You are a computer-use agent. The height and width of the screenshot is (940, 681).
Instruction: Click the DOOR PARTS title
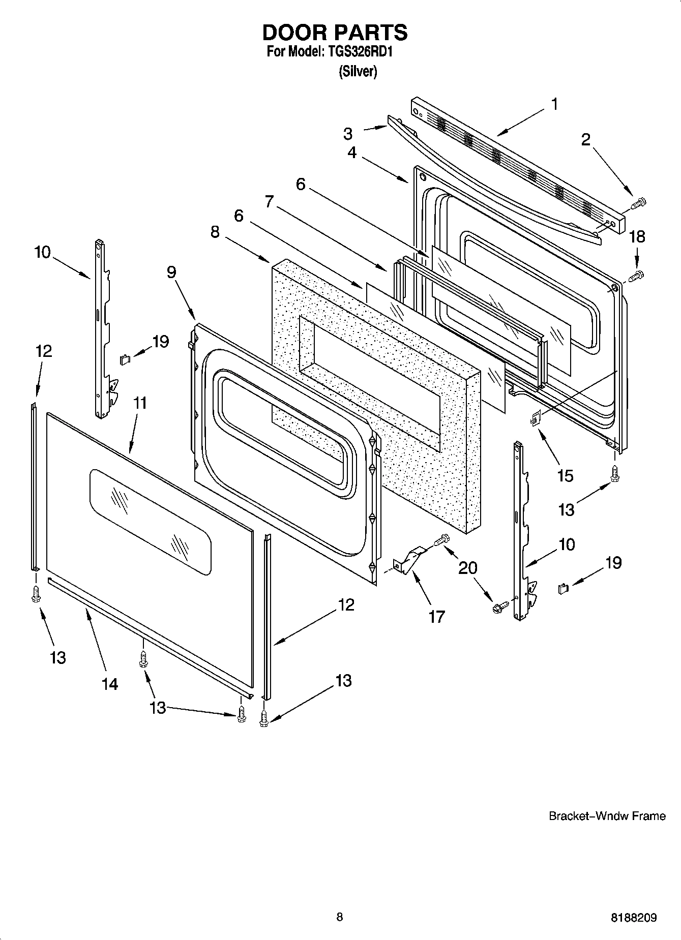click(x=335, y=33)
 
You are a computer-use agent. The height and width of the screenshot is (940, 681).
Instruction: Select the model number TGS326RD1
click(x=359, y=52)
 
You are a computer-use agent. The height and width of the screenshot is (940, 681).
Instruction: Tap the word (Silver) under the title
click(x=358, y=72)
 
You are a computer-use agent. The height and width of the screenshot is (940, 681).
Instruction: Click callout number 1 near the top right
click(x=554, y=104)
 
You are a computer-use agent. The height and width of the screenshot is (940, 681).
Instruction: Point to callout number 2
click(x=585, y=140)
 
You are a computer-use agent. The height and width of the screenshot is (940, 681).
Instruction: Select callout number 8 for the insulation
click(x=215, y=232)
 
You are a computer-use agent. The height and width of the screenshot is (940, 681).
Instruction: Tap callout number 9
click(x=171, y=272)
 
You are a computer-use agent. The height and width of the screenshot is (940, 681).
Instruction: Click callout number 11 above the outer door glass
click(x=140, y=403)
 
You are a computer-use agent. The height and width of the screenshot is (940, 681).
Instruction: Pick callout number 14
click(x=110, y=684)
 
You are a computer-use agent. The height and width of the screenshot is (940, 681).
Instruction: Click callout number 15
click(x=565, y=476)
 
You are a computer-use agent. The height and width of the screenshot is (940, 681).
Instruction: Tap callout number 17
click(x=436, y=617)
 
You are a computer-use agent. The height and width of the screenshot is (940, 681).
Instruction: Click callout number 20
click(x=468, y=567)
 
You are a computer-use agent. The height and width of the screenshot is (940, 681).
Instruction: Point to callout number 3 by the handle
click(x=347, y=134)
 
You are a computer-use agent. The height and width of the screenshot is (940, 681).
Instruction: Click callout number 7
click(x=270, y=202)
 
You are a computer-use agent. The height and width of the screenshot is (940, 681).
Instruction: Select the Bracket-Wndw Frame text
click(x=607, y=816)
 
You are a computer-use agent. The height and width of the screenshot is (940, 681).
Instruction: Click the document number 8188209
click(x=633, y=918)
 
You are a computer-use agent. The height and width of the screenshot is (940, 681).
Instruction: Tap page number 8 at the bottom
click(x=339, y=917)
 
